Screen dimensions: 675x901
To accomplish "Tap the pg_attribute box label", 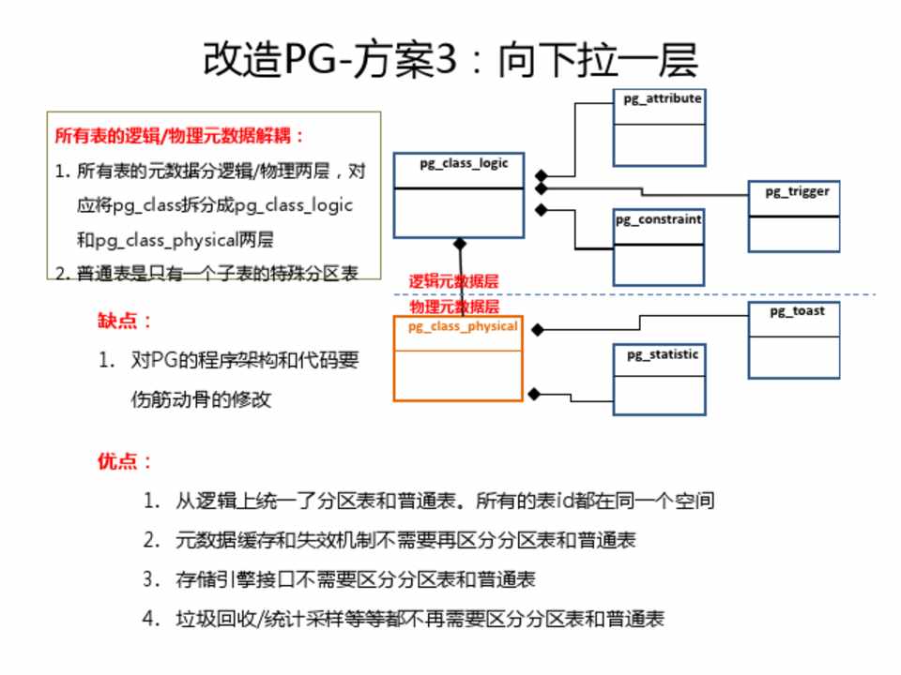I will pos(663,97).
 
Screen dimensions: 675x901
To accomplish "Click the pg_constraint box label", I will pos(658,219).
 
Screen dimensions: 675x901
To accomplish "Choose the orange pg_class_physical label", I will pos(462,326).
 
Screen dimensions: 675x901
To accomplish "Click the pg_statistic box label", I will pos(663,354).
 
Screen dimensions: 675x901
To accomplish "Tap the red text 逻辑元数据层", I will pos(453,280).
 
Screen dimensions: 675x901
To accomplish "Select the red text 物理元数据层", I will pos(453,307).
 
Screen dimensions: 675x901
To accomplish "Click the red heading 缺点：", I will pos(125,321).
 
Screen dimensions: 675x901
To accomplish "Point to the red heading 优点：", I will pos(125,461).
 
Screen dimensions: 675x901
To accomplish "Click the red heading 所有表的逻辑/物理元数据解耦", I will pos(180,135).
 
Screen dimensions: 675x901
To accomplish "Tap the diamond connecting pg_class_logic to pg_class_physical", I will pos(460,245).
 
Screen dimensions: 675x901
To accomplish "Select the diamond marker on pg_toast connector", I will pos(538,329).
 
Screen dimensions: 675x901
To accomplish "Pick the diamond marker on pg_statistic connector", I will pos(534,394).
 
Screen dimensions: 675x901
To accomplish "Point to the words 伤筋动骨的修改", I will pos(202,398).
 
